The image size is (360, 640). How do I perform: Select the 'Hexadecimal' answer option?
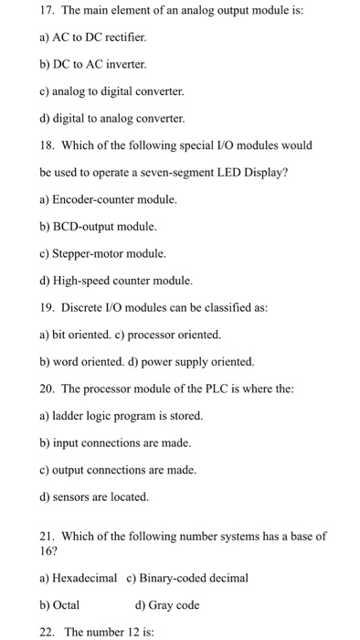click(x=79, y=578)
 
